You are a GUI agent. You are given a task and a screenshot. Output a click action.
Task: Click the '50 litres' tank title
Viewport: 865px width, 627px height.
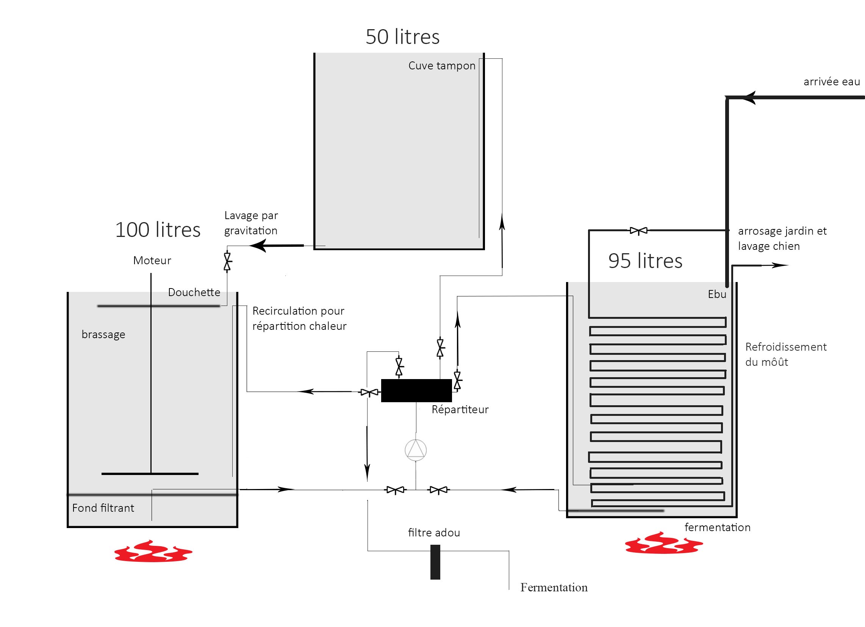point(402,37)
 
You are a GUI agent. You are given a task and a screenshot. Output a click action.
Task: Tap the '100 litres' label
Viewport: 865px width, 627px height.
point(158,230)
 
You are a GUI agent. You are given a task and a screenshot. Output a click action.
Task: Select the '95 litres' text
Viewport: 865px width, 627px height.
point(645,261)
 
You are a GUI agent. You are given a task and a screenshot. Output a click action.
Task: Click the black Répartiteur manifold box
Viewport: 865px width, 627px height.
point(416,390)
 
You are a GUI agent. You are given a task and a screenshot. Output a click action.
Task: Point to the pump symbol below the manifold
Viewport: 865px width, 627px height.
point(416,450)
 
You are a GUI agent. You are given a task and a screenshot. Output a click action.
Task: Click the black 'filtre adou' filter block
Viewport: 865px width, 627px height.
point(435,562)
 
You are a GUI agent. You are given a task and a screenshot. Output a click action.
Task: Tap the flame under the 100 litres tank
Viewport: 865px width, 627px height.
point(153,551)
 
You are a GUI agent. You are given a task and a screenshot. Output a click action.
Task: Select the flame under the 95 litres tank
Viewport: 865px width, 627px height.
point(664,543)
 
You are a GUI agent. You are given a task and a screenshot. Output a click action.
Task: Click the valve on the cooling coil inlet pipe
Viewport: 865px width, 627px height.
point(638,230)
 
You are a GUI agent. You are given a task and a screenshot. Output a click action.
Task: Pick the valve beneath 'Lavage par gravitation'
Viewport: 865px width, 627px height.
point(227,262)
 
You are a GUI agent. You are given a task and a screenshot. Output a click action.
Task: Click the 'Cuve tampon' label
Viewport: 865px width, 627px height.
point(442,66)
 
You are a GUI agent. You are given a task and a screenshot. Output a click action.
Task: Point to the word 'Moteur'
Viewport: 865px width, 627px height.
point(152,260)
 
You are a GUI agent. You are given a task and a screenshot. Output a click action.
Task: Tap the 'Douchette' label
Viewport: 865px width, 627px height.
point(194,292)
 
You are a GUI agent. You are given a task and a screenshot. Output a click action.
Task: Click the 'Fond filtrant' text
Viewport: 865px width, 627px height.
point(103,508)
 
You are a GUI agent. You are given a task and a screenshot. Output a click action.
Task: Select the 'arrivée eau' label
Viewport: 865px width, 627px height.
point(832,82)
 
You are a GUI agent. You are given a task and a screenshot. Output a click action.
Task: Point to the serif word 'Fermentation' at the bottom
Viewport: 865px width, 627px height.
point(554,588)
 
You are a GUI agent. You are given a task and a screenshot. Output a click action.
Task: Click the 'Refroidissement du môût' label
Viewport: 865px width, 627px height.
point(786,354)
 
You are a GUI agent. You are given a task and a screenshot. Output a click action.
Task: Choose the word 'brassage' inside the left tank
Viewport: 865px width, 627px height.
point(103,335)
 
